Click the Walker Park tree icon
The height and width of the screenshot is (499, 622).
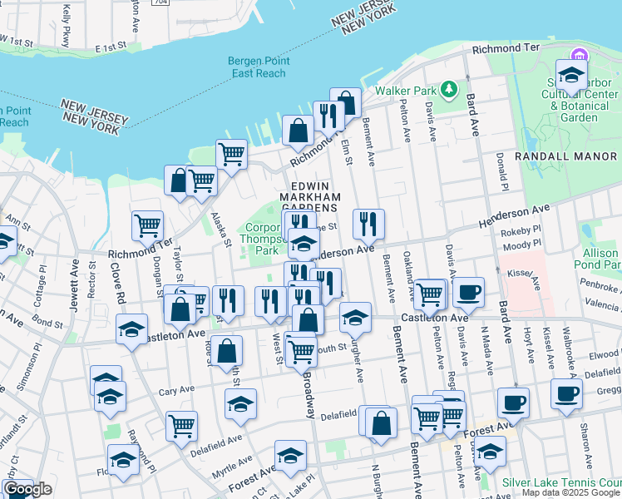(449, 88)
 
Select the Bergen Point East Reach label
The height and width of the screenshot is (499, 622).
(257, 67)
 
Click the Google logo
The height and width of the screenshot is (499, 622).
(27, 490)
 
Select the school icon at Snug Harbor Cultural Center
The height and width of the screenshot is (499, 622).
(571, 76)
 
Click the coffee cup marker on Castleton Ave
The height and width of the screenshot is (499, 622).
(468, 290)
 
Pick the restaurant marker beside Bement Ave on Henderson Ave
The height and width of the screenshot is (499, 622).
(368, 223)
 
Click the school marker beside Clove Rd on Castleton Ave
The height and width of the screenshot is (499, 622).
(131, 329)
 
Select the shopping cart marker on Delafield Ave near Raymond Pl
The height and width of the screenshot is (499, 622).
(181, 426)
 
